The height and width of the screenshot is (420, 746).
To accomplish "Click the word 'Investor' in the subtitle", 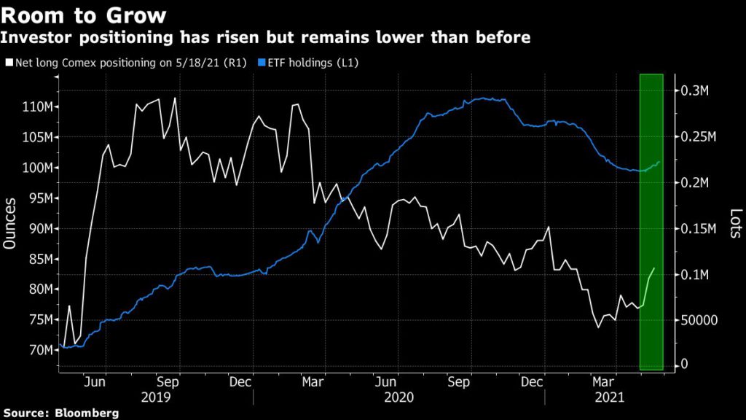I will pos(36,37).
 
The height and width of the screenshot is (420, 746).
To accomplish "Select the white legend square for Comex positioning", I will pos(9,63).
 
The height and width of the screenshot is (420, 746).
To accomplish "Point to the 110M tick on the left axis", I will pos(37,106).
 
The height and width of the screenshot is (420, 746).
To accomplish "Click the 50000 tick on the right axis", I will pos(702,319).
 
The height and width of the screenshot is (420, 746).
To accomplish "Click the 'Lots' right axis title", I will pos(735,224).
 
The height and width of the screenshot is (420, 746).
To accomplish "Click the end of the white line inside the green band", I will pos(654,268).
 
